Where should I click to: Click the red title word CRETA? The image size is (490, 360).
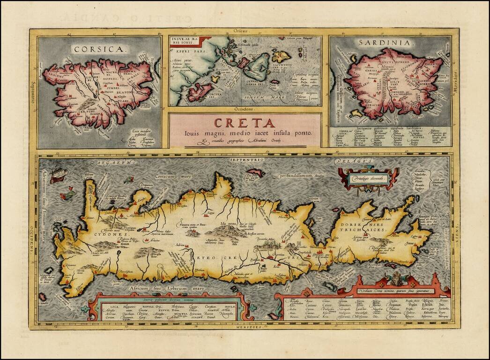(245, 123)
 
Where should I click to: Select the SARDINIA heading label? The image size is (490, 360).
(387, 43)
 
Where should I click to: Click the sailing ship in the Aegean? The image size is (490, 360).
(59, 174)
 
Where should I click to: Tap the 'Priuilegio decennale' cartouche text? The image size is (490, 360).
(367, 179)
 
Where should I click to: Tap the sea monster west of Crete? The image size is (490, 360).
(68, 192)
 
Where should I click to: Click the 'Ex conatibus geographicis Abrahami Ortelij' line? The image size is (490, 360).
(245, 141)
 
